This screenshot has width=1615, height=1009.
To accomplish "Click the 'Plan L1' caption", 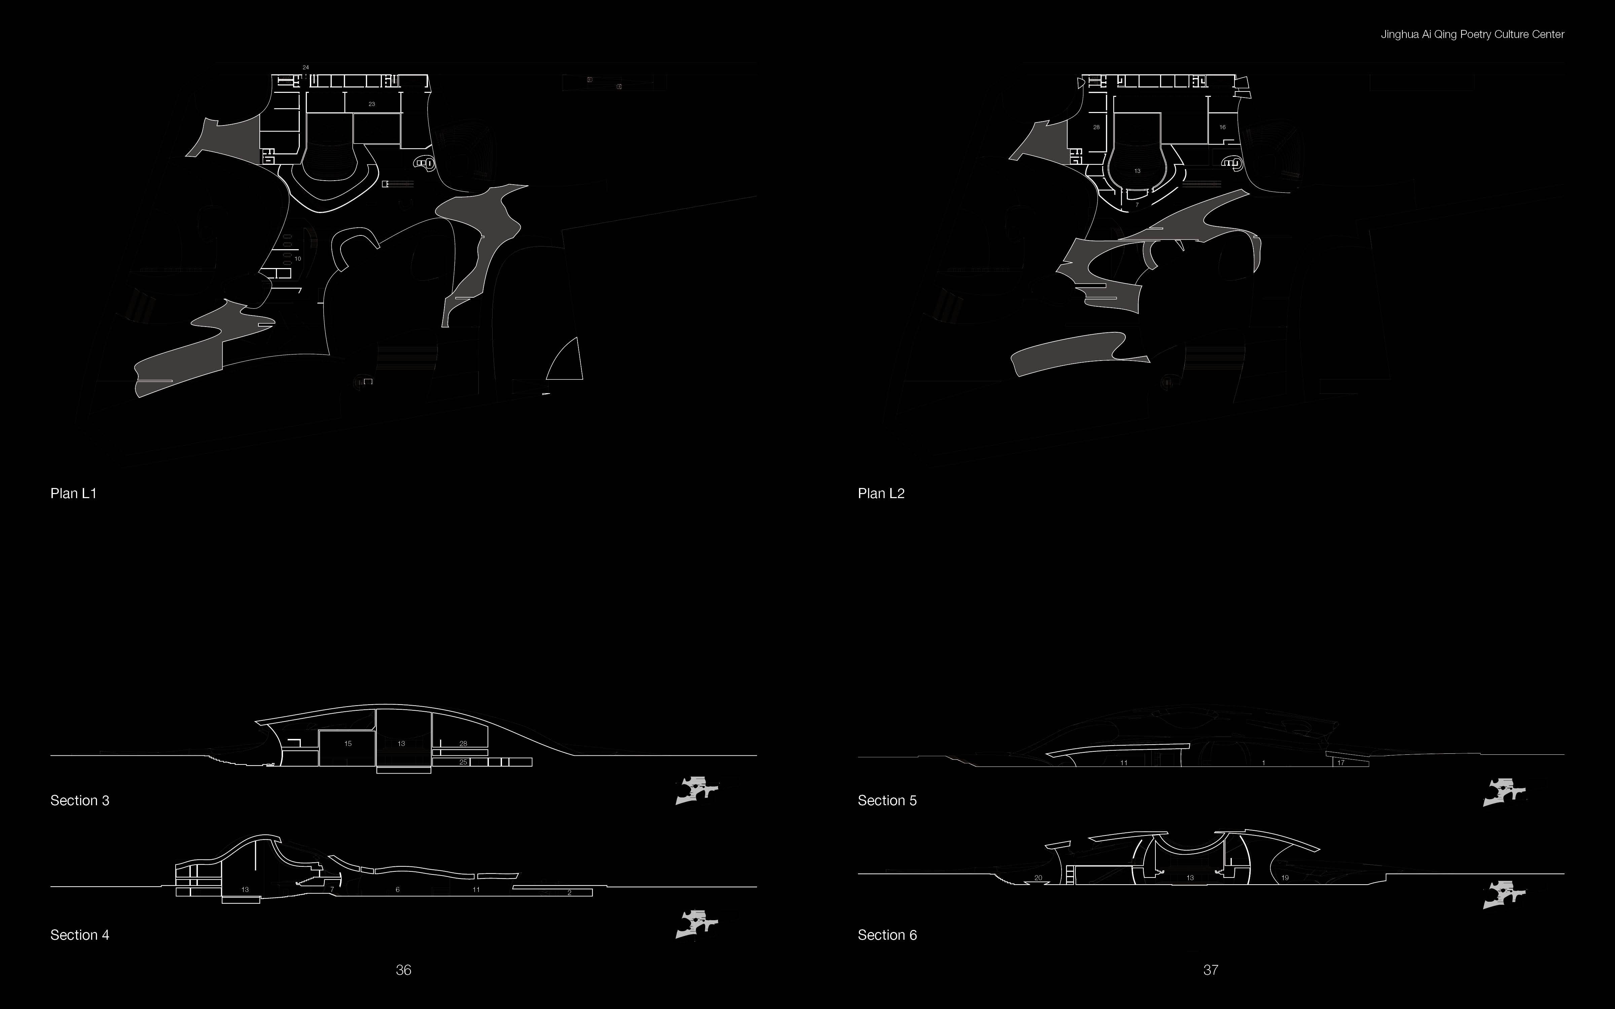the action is [73, 493].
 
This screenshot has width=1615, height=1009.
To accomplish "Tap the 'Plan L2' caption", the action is [881, 493].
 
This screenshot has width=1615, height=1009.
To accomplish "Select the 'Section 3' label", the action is [79, 800].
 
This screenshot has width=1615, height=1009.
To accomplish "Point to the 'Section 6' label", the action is [887, 935].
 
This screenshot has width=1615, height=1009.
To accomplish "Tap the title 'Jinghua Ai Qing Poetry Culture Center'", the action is [1472, 34].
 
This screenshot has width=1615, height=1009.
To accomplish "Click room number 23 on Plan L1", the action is [372, 104].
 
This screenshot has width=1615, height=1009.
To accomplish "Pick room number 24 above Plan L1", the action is [306, 67].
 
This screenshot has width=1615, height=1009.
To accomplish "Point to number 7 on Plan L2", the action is [1137, 205].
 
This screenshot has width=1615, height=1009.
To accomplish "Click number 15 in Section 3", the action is [348, 743].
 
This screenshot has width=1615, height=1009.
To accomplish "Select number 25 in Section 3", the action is [463, 762].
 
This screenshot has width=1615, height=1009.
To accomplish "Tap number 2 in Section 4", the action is [569, 892].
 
